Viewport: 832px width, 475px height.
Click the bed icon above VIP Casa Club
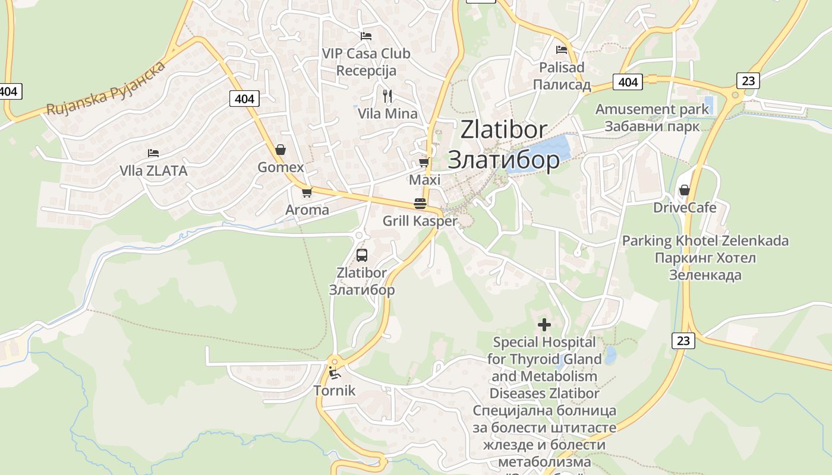(x=366, y=36)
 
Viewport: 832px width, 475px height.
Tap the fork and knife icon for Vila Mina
(x=387, y=96)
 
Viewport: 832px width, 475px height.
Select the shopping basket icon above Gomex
(x=281, y=150)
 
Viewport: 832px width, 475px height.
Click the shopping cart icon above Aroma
(x=307, y=192)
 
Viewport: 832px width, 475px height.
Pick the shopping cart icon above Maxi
(x=424, y=162)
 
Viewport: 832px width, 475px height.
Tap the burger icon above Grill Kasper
(x=420, y=204)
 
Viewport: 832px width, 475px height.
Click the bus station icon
(x=361, y=256)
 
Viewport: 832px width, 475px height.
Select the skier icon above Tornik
(x=335, y=373)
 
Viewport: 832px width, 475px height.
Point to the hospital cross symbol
(x=544, y=325)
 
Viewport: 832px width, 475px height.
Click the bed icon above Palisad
(x=562, y=50)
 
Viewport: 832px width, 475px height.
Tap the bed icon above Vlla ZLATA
(x=153, y=153)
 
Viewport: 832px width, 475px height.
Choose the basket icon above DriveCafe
(x=685, y=190)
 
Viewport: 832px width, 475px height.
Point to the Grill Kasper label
(x=420, y=221)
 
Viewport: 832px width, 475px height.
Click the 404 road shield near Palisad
(x=628, y=82)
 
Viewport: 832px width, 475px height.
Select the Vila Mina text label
(x=387, y=113)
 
